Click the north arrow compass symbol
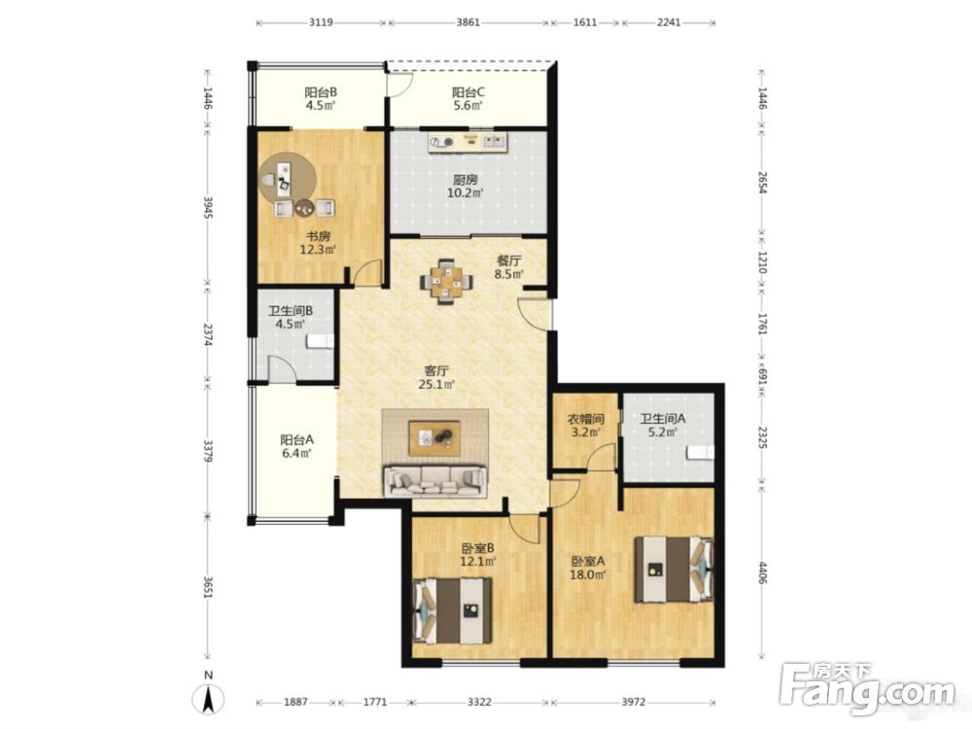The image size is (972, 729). tap(209, 699)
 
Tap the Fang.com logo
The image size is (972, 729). tap(868, 687)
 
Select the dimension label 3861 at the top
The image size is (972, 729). tap(469, 22)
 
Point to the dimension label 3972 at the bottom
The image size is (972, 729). tap(633, 702)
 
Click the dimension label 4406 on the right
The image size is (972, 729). tap(763, 573)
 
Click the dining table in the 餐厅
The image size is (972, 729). tap(446, 282)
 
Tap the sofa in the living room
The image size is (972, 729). tap(435, 481)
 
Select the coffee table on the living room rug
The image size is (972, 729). tap(434, 438)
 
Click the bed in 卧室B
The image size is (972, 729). tap(452, 610)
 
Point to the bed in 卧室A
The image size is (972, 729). tap(674, 569)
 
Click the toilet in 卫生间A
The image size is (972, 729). tap(699, 453)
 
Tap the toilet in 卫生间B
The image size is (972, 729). tap(321, 341)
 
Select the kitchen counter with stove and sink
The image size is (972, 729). tap(468, 142)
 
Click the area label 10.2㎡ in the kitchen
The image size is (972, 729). tap(465, 192)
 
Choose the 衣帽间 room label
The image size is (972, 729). tap(586, 418)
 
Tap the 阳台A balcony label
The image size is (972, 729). tap(296, 439)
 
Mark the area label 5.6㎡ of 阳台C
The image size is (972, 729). tap(468, 105)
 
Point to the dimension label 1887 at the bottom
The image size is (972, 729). tap(295, 702)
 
